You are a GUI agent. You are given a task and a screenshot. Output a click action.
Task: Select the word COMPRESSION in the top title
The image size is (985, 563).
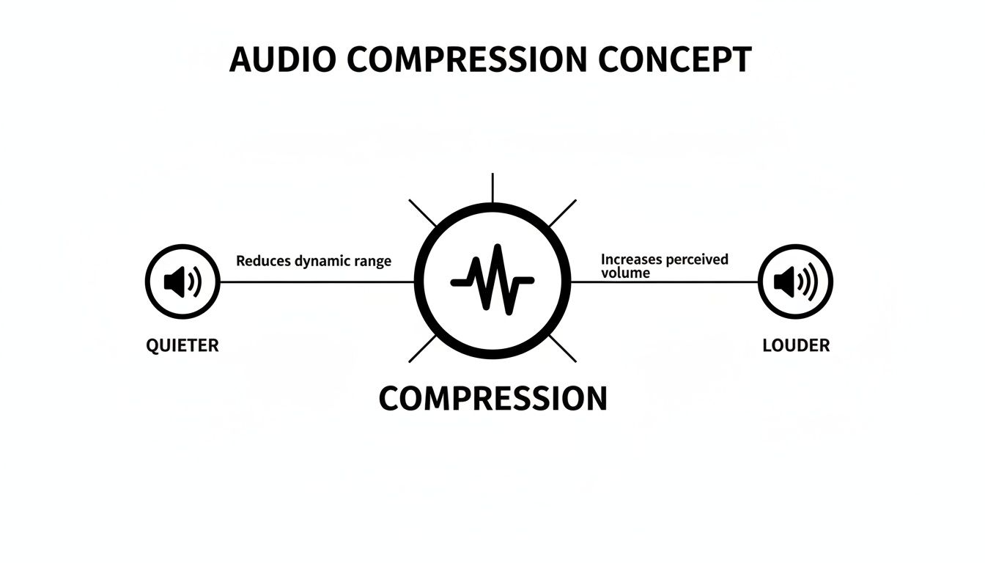(466, 59)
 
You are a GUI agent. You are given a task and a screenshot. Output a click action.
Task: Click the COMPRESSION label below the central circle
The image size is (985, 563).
(492, 398)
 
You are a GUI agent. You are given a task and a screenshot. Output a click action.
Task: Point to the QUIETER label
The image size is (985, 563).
(182, 345)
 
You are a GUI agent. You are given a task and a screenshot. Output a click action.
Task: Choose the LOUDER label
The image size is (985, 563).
(796, 345)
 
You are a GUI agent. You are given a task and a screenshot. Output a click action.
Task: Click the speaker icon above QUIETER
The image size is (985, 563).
(182, 281)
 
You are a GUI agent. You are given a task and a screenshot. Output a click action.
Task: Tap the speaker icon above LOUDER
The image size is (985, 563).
(796, 281)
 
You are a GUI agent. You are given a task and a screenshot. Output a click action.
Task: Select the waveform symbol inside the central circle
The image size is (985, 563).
(492, 281)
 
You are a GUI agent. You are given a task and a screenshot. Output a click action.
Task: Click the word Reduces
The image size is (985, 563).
(262, 261)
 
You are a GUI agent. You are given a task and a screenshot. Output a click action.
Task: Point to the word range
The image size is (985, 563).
(373, 261)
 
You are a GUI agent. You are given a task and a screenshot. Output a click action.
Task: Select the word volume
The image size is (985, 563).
(625, 273)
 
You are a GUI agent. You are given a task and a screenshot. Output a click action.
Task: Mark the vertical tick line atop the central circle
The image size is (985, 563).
(492, 188)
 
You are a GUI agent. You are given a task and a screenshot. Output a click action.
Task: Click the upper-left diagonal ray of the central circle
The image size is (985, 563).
(422, 213)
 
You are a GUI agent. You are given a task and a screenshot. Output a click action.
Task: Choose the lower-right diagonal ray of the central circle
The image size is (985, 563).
(562, 349)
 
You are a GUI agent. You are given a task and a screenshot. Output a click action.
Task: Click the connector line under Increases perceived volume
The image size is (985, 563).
(664, 281)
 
